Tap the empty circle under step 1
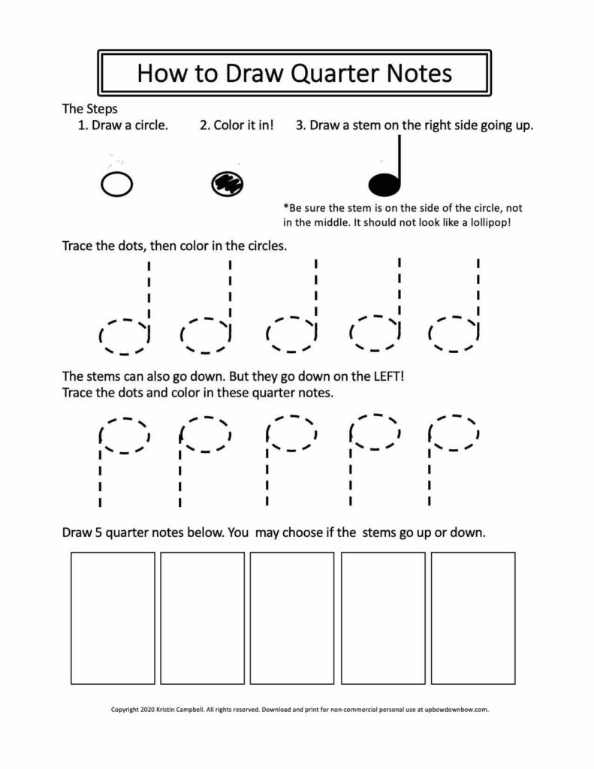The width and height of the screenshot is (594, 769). pyautogui.click(x=116, y=183)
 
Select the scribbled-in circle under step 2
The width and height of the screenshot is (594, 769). pyautogui.click(x=227, y=182)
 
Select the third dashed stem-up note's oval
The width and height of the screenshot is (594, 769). pyautogui.click(x=291, y=334)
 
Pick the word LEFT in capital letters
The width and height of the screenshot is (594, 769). pyautogui.click(x=387, y=376)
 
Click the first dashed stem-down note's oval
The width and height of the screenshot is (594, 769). pyautogui.click(x=125, y=436)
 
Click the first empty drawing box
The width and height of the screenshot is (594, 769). pyautogui.click(x=113, y=618)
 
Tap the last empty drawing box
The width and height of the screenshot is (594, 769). pyautogui.click(x=472, y=618)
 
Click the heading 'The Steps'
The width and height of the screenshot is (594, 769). pyautogui.click(x=89, y=108)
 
